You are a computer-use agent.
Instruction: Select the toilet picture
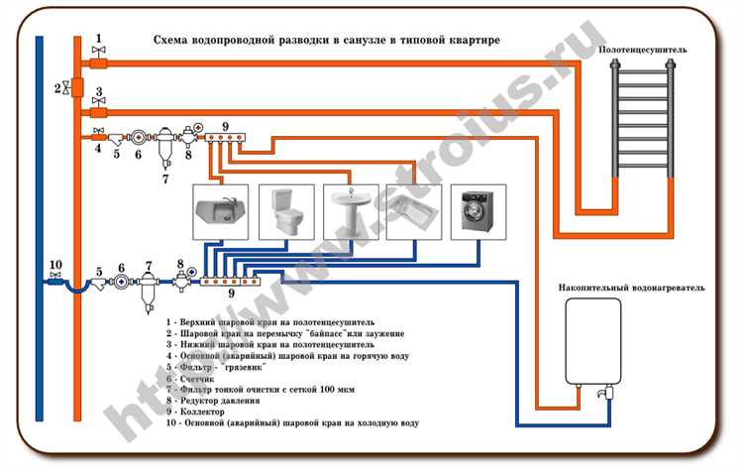coord(278,209)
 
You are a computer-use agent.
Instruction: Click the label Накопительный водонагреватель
coord(630,287)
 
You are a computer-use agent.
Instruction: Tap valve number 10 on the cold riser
coord(55,281)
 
